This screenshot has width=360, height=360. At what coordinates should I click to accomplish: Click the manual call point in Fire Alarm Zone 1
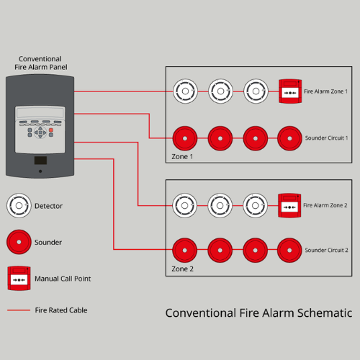(x=290, y=91)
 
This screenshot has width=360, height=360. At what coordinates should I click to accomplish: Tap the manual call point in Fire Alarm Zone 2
(x=289, y=206)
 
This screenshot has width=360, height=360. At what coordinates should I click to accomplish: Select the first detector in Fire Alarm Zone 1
(x=185, y=91)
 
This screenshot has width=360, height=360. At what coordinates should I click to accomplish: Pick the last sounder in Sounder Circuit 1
(x=289, y=138)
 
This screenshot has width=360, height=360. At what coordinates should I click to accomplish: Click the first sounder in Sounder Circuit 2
(x=185, y=251)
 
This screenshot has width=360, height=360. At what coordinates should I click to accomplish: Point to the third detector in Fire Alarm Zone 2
(x=256, y=205)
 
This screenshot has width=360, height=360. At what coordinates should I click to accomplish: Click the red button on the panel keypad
(x=51, y=130)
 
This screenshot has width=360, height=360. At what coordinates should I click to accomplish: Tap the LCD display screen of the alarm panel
(x=40, y=112)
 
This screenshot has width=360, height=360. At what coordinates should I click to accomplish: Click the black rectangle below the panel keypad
(x=40, y=161)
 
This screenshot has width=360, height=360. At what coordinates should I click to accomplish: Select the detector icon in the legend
(x=19, y=206)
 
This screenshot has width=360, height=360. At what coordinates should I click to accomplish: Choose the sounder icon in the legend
(x=19, y=242)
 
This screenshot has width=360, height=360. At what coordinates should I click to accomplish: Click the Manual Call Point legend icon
(x=19, y=278)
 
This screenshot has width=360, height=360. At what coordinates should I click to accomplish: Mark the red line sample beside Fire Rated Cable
(x=19, y=310)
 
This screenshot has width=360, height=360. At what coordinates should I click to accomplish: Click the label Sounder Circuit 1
(x=326, y=138)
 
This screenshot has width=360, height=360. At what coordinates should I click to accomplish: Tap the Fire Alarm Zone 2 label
(x=325, y=205)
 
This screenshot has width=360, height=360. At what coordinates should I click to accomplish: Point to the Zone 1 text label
(x=182, y=156)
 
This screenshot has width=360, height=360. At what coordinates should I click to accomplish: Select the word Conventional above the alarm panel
(x=40, y=59)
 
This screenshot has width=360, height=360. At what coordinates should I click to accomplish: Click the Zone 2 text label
(x=182, y=269)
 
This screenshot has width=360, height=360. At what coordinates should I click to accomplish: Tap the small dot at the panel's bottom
(x=40, y=171)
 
